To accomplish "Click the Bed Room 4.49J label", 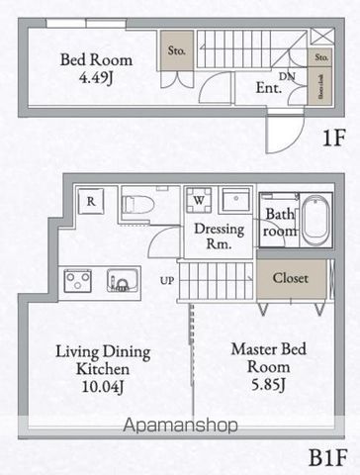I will (96, 68).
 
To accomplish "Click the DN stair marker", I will (288, 75).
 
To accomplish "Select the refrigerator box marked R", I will (91, 199).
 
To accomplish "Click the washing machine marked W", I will (200, 199).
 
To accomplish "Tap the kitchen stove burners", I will (79, 281).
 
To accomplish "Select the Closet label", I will (290, 278).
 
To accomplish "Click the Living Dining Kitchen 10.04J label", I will (102, 366).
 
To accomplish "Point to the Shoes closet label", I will (321, 87).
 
